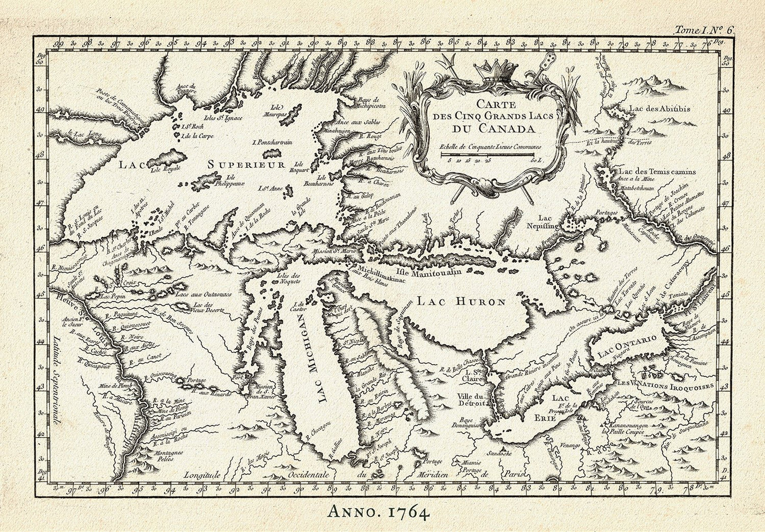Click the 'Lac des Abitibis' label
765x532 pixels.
tap(659, 109)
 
